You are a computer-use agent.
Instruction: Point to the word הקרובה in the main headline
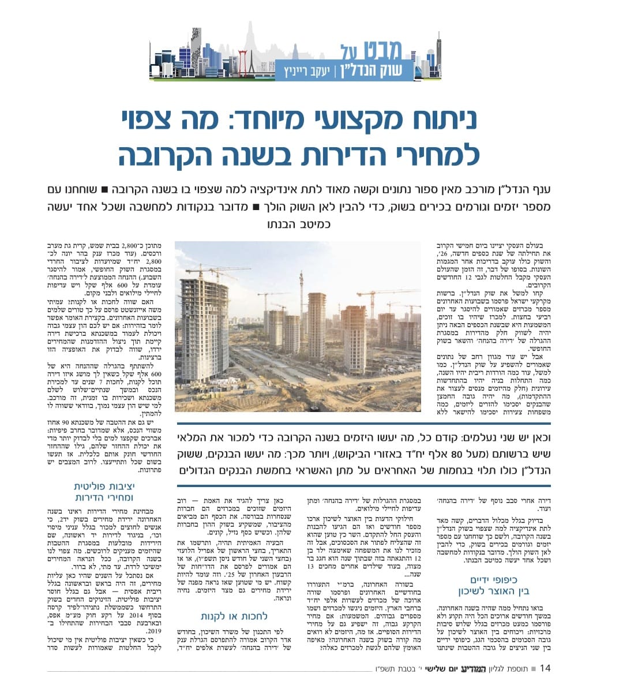pyautogui.click(x=172, y=155)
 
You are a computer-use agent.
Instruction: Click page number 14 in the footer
pyautogui.click(x=546, y=668)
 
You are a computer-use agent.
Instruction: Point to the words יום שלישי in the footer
pyautogui.click(x=445, y=669)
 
